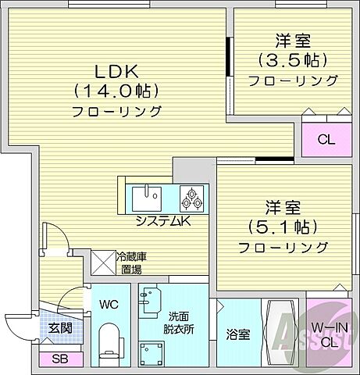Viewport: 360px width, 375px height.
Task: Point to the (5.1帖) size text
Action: (283, 228)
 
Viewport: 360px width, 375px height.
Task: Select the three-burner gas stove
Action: (192, 198)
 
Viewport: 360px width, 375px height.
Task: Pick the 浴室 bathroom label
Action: (238, 334)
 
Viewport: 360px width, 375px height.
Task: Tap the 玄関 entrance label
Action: (60, 328)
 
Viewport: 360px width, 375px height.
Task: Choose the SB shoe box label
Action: (59, 359)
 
